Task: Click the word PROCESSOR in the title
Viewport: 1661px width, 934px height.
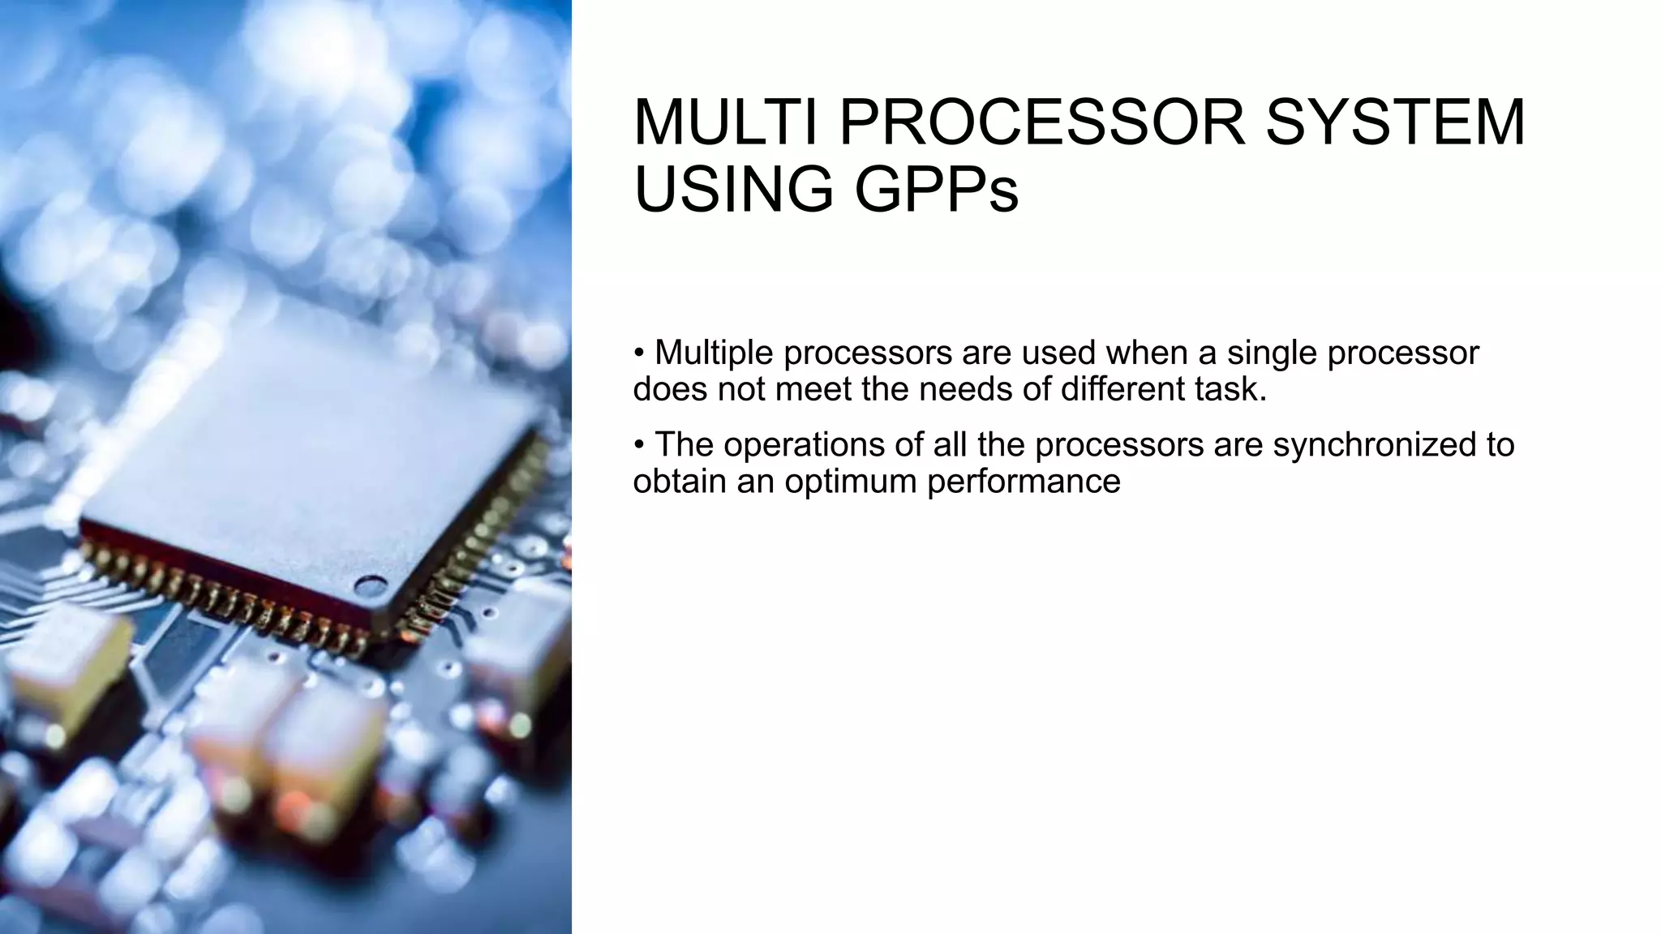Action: click(1041, 122)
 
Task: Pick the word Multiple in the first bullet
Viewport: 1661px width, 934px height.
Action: click(713, 353)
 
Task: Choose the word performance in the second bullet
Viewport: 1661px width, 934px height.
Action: click(1024, 482)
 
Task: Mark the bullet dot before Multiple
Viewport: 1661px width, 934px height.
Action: click(639, 353)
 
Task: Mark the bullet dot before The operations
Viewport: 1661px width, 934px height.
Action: click(639, 444)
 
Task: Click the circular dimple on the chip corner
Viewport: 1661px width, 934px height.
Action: click(370, 586)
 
